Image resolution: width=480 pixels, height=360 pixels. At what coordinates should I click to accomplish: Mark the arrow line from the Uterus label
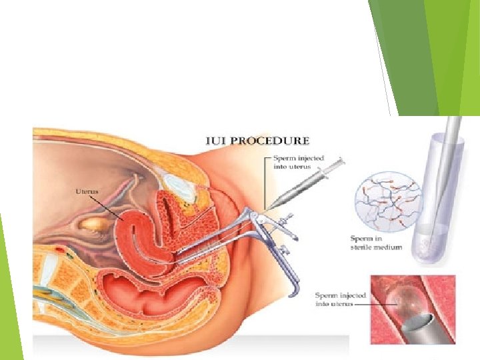(111, 205)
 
